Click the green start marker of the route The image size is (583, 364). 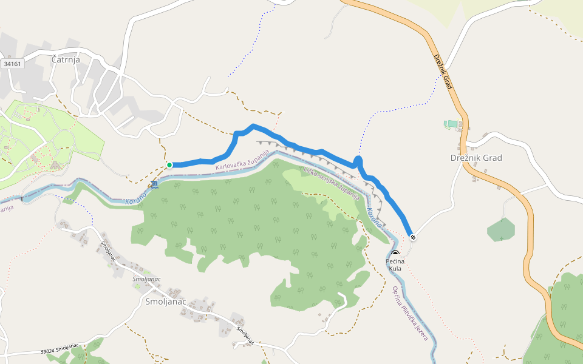pos(169,165)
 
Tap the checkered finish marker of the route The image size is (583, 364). pos(413,237)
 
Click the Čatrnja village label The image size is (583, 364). pos(66,59)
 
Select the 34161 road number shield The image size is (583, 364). pos(12,63)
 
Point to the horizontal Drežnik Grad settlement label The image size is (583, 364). pos(476,158)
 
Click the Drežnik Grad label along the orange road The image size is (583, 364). pos(444,72)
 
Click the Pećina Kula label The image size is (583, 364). pos(395,265)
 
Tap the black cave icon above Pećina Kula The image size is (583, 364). pos(395,253)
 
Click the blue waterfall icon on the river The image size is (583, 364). pos(155,184)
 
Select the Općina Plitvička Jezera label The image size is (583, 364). pos(410,313)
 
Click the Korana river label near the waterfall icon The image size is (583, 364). pos(136,200)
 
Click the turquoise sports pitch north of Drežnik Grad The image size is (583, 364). pos(452,124)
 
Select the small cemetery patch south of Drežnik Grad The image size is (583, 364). pos(501,229)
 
